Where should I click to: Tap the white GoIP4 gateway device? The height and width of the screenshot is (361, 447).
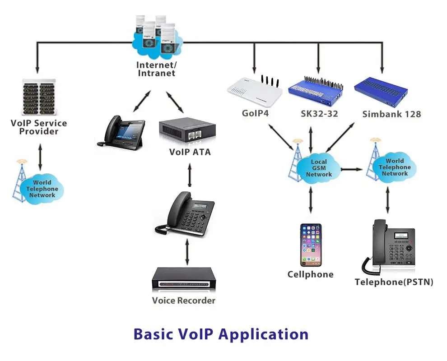click(255, 93)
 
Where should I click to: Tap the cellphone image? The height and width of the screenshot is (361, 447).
click(311, 245)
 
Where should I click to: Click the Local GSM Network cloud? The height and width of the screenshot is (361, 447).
click(319, 168)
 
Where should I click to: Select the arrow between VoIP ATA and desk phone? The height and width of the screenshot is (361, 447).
click(190, 176)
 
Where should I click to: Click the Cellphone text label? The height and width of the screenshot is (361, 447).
click(311, 274)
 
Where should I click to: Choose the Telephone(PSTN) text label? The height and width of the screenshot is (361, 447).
click(394, 282)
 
